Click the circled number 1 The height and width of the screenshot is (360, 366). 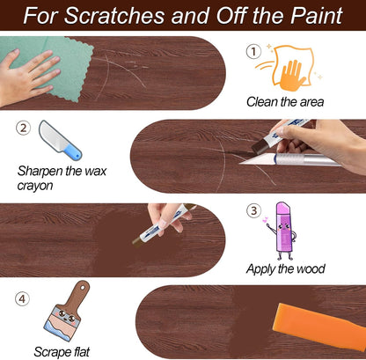(x=253, y=52)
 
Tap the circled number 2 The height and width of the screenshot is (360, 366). (x=23, y=129)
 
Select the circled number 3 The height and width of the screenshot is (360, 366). (x=254, y=210)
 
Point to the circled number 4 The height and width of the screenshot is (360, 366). (x=23, y=298)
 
